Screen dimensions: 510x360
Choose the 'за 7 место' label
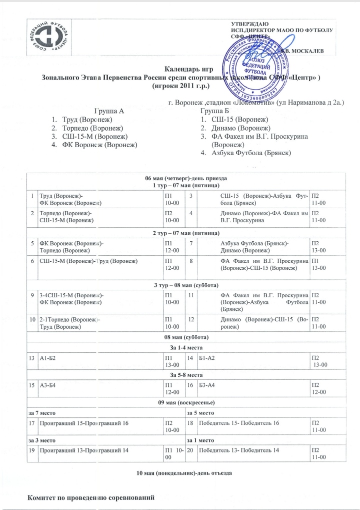coord(45,413)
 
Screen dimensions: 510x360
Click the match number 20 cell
coord(190,450)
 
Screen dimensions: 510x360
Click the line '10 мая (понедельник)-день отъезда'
coord(185,472)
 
